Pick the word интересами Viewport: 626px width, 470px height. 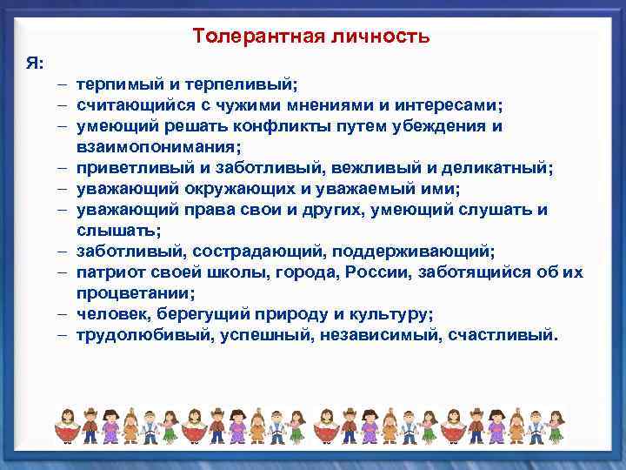[457, 106]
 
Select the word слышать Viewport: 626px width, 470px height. [116, 230]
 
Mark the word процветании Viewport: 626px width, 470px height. [131, 292]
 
